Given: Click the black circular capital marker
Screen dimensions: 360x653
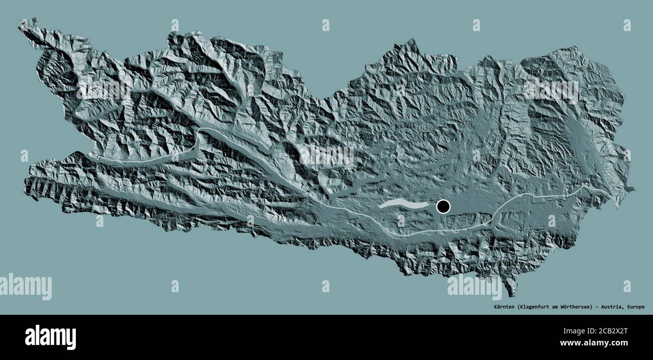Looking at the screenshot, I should point(443,206).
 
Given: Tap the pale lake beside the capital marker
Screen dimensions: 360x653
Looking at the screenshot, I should point(405,204).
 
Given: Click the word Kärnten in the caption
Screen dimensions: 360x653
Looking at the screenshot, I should point(502,307).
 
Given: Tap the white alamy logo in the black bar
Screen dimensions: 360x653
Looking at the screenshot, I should point(50,337).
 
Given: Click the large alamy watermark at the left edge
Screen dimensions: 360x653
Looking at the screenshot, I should point(26,287).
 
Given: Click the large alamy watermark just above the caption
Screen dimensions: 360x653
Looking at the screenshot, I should point(474,287).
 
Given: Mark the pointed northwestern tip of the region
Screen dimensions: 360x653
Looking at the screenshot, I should point(21,23).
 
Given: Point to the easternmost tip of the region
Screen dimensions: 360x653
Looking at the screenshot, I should point(633,190).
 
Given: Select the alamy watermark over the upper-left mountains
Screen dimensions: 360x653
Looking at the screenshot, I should point(103,89).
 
